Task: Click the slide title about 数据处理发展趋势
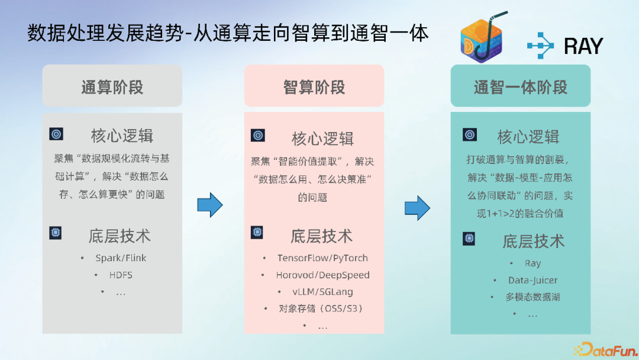(x=228, y=34)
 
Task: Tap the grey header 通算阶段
(x=112, y=87)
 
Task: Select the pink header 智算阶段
(x=314, y=87)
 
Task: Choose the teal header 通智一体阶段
(x=521, y=87)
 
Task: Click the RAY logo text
(x=583, y=46)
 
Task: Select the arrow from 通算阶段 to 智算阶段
(x=210, y=205)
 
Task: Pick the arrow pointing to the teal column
(x=417, y=208)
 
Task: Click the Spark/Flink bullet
(x=121, y=258)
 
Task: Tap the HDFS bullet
(x=121, y=275)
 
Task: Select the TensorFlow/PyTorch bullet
(x=322, y=258)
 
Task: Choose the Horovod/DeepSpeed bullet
(x=322, y=275)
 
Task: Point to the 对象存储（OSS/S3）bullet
(x=320, y=308)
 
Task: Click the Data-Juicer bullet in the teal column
(x=532, y=280)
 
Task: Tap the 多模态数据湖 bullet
(x=532, y=297)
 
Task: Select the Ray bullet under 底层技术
(x=532, y=263)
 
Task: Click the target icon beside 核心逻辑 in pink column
(x=257, y=136)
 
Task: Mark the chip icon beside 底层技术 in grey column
(x=56, y=233)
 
